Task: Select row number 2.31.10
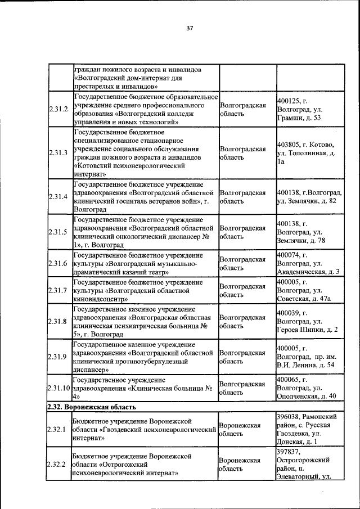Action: pyautogui.click(x=59, y=388)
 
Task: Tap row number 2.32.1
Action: pyautogui.click(x=58, y=430)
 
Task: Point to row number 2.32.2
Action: pyautogui.click(x=58, y=464)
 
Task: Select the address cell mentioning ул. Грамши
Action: pyautogui.click(x=309, y=109)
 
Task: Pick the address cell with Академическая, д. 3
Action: pyautogui.click(x=309, y=263)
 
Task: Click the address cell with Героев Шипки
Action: pyautogui.click(x=309, y=321)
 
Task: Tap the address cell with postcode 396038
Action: pyautogui.click(x=309, y=430)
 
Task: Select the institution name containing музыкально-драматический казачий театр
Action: pyautogui.click(x=143, y=263)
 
